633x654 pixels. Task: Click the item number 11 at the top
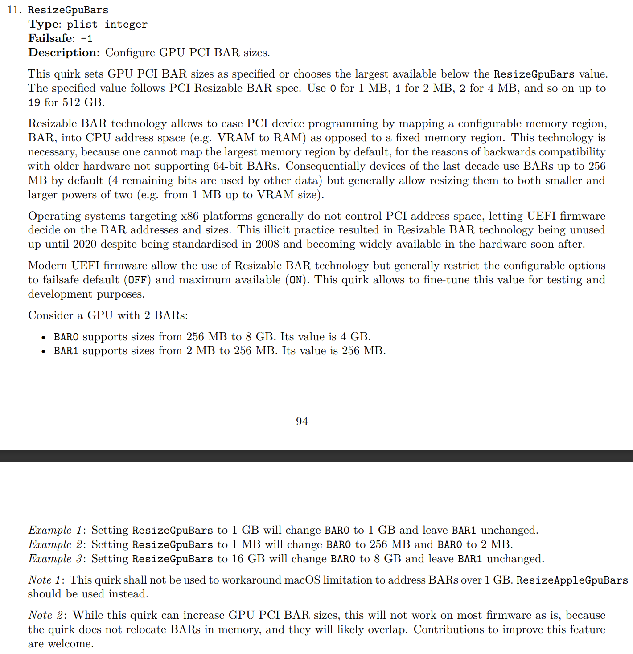14,10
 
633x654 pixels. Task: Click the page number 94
302,421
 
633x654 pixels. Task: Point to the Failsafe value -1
86,39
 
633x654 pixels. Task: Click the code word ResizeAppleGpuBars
572,580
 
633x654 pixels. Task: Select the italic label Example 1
55,530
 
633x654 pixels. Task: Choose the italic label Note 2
46,615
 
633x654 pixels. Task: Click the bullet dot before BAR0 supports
43,337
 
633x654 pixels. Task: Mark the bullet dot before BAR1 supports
43,352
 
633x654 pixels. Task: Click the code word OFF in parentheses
137,280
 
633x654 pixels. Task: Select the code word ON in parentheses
296,280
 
